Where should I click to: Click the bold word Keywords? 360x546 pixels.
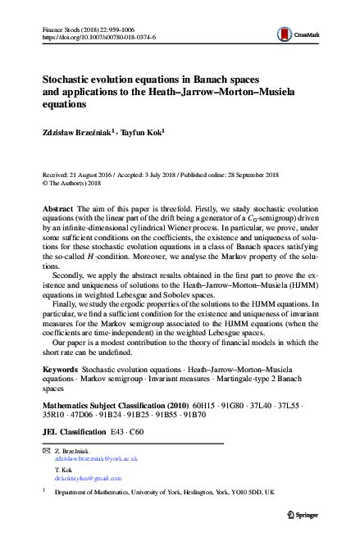point(60,371)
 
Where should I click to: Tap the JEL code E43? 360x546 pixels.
point(121,428)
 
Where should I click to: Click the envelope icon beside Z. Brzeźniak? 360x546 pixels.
point(46,452)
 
